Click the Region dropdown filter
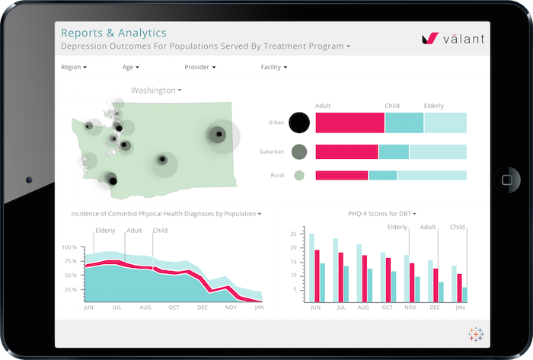pyautogui.click(x=73, y=67)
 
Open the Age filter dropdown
pyautogui.click(x=130, y=67)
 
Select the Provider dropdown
pyautogui.click(x=199, y=67)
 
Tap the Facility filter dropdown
pyautogui.click(x=273, y=67)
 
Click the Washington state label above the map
pyautogui.click(x=155, y=91)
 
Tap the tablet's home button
pyautogui.click(x=506, y=180)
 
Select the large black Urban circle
pyautogui.click(x=299, y=123)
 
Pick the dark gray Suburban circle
pyautogui.click(x=299, y=152)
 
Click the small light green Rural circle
pyautogui.click(x=299, y=175)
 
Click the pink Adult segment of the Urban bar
pyautogui.click(x=349, y=123)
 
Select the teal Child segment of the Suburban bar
pyautogui.click(x=394, y=152)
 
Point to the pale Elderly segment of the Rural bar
pyautogui.click(x=432, y=175)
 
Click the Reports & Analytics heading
pyautogui.click(x=113, y=33)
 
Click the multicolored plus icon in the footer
pyautogui.click(x=476, y=333)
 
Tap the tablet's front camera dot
pyautogui.click(x=29, y=180)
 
